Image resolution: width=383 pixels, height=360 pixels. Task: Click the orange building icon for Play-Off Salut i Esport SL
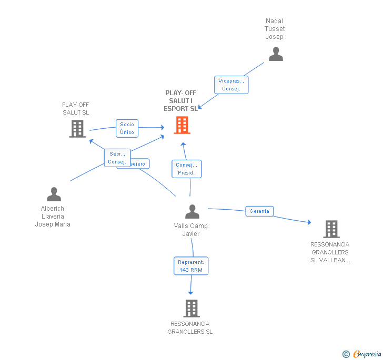click(182, 125)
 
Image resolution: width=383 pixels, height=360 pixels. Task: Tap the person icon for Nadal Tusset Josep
click(276, 54)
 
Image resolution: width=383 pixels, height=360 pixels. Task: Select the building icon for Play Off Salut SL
click(77, 129)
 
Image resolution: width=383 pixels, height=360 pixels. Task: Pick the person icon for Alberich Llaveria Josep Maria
click(54, 194)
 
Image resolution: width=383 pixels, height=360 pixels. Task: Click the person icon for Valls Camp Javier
click(192, 212)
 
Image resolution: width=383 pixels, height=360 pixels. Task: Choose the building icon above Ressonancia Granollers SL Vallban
click(331, 229)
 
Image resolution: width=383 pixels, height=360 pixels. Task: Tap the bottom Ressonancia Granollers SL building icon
click(191, 308)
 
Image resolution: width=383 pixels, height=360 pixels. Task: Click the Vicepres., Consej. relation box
click(231, 85)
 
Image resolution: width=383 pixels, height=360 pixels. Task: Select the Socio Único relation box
click(127, 128)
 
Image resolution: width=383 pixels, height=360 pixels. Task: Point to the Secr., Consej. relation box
click(116, 158)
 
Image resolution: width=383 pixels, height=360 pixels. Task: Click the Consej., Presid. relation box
click(186, 169)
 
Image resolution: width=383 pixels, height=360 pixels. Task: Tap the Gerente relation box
click(259, 211)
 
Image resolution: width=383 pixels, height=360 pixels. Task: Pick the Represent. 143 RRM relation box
click(191, 265)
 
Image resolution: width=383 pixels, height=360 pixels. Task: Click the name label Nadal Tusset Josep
click(275, 29)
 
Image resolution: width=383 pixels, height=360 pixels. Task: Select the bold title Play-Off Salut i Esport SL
click(180, 101)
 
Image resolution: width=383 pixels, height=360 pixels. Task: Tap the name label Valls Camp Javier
click(190, 230)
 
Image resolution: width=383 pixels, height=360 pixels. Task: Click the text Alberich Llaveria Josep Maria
click(53, 217)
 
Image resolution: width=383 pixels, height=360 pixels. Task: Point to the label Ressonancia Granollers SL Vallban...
click(330, 252)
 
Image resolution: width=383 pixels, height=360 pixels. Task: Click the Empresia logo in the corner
click(367, 354)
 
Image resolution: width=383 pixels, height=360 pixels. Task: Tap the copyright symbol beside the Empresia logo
click(346, 354)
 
